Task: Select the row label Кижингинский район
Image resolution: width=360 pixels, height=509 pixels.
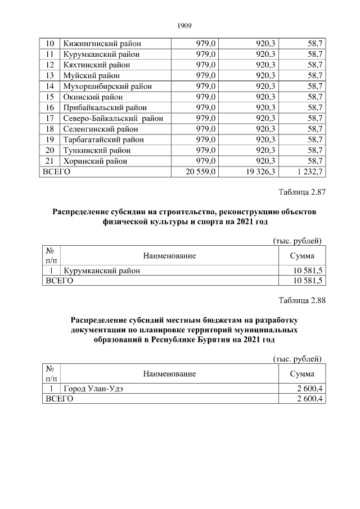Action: pos(102,43)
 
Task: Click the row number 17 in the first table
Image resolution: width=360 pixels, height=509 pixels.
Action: pos(49,118)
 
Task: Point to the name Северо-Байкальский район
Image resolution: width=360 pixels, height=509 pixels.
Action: pos(113,118)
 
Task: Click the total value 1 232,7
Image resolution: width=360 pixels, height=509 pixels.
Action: pos(307,172)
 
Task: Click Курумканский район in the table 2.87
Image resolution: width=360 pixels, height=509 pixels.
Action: pos(102,271)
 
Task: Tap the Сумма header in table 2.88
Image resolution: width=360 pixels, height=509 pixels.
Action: pos(302,373)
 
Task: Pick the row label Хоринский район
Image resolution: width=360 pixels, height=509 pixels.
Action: pos(95,161)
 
